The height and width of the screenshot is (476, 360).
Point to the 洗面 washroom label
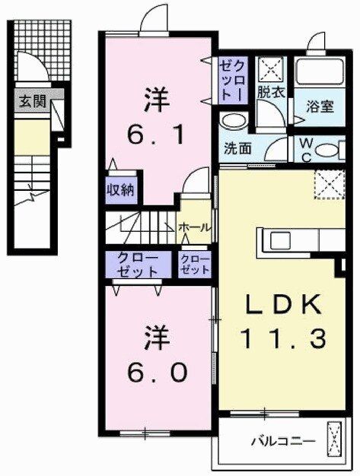[x=237, y=148]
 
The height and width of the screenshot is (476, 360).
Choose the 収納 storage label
[x=120, y=189]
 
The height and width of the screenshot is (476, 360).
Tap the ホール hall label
[x=194, y=227]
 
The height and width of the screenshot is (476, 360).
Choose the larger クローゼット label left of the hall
[x=138, y=265]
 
